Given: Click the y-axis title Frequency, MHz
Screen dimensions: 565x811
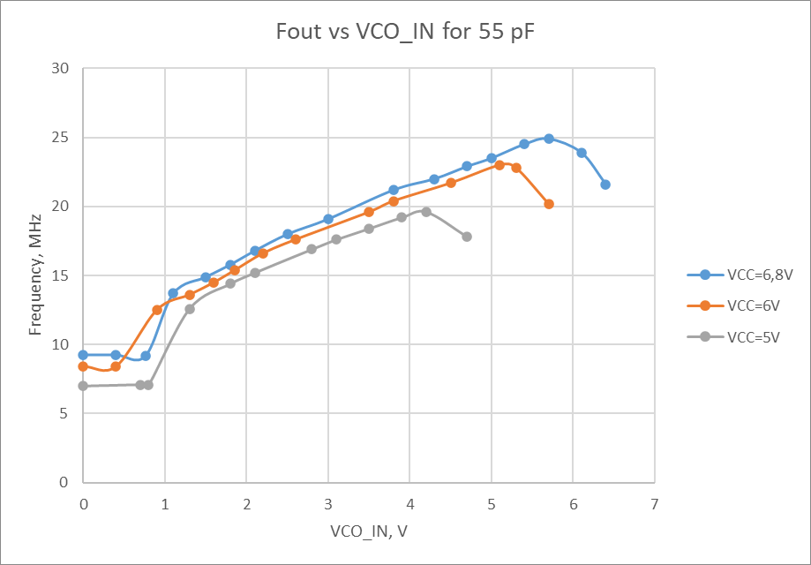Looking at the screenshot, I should (x=36, y=275).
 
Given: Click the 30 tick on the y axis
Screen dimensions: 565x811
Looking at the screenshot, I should (x=62, y=69).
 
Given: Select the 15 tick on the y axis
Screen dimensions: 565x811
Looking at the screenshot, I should (x=62, y=275).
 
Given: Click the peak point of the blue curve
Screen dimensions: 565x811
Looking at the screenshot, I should (x=549, y=139).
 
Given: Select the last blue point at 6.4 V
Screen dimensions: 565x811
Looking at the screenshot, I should (x=605, y=185).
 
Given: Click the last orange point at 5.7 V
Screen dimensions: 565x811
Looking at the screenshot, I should (x=549, y=204).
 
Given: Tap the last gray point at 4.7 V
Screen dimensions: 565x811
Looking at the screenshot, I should (x=467, y=237).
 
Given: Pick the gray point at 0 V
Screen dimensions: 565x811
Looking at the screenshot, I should (x=83, y=386).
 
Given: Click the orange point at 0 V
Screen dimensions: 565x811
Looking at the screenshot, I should (x=83, y=366).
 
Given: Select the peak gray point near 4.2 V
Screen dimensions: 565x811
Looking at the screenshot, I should (x=426, y=212).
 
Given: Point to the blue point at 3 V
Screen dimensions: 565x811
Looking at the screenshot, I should (x=328, y=219).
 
